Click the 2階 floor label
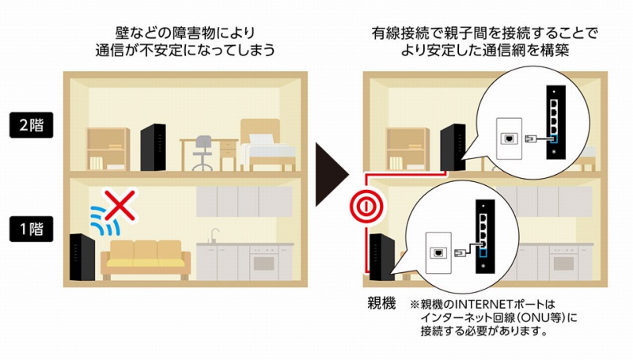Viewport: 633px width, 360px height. click(x=31, y=125)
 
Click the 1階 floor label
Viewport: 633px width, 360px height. click(x=31, y=229)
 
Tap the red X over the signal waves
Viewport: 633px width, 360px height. click(x=120, y=205)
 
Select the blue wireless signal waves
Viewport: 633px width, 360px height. click(x=104, y=221)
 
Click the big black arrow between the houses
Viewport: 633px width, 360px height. click(x=332, y=174)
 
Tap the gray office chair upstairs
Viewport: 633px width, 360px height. click(x=203, y=153)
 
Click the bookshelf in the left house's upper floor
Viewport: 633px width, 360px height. click(x=108, y=149)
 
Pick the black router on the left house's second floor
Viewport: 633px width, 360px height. click(x=153, y=147)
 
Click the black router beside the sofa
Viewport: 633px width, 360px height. click(x=82, y=257)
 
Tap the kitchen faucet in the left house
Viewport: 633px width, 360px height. click(x=214, y=236)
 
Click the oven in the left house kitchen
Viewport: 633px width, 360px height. click(x=263, y=263)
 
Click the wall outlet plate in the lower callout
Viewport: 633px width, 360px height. click(x=438, y=253)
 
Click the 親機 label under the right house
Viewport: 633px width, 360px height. click(x=381, y=303)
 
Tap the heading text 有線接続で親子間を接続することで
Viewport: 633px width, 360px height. click(x=484, y=33)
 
